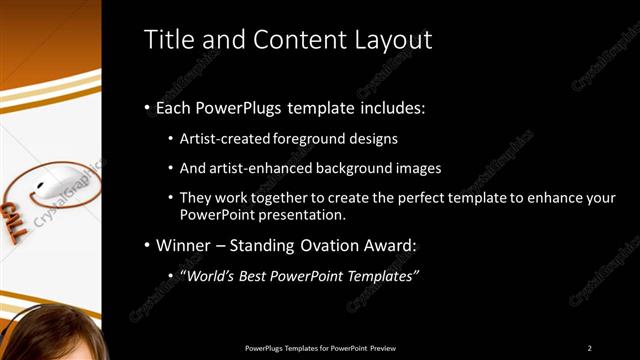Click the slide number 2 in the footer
point(590,347)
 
